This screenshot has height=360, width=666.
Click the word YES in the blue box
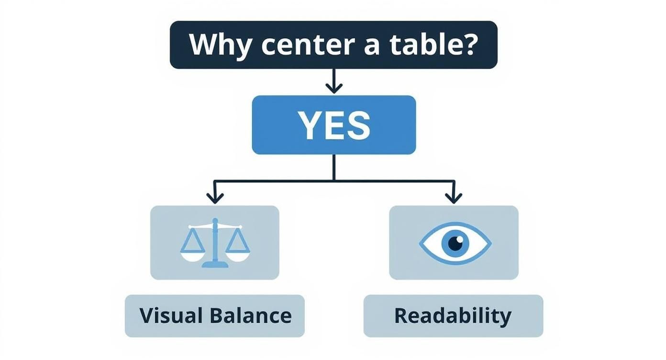point(334,125)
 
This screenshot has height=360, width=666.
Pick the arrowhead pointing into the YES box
point(334,88)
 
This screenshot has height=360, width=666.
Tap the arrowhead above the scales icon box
point(215,197)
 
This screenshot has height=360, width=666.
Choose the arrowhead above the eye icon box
point(453,197)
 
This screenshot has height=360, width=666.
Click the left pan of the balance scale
point(193,255)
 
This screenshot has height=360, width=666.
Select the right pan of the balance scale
point(237,255)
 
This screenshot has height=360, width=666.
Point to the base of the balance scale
point(215,264)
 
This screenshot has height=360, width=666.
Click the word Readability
point(453,316)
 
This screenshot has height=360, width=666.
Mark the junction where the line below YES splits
point(334,180)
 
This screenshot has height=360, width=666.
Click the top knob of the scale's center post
point(215,222)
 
